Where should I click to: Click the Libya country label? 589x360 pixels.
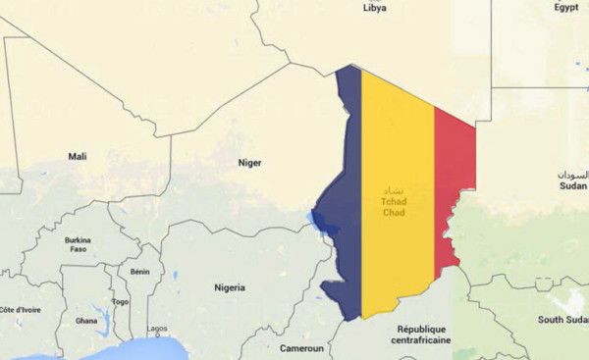click(x=375, y=8)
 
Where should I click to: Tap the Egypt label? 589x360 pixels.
click(x=566, y=7)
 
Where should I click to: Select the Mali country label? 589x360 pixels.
click(x=77, y=156)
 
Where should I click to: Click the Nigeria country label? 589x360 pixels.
click(x=230, y=287)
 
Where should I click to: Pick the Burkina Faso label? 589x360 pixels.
click(x=78, y=245)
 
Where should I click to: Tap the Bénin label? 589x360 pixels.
click(x=140, y=272)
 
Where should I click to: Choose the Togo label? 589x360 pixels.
click(x=121, y=302)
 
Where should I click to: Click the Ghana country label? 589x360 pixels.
click(x=86, y=321)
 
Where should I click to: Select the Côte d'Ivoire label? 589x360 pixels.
click(x=20, y=310)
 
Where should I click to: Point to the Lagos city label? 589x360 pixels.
click(x=157, y=329)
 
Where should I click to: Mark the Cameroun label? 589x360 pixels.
click(x=301, y=348)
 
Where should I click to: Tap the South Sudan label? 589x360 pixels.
click(x=562, y=320)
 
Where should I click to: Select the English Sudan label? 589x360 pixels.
click(x=572, y=184)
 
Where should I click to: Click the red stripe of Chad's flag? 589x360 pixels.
click(x=454, y=186)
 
